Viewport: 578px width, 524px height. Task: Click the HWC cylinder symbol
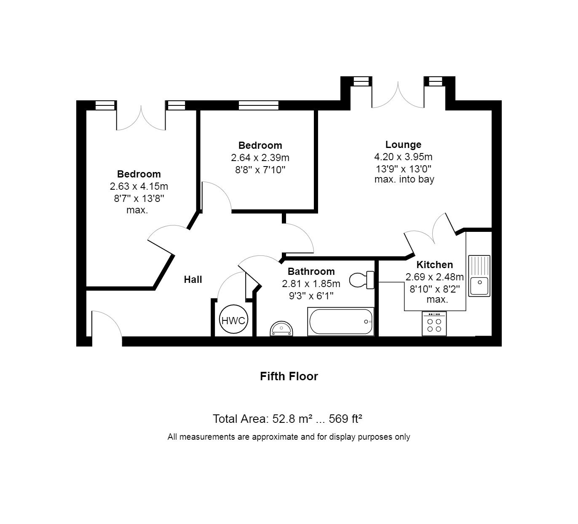click(233, 319)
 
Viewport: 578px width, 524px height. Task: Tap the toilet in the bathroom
click(361, 280)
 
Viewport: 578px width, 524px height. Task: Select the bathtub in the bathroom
click(340, 322)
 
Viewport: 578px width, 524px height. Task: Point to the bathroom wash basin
click(281, 329)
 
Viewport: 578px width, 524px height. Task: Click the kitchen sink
click(479, 276)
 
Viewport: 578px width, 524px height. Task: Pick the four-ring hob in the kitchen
click(434, 324)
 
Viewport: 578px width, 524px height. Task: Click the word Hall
click(193, 279)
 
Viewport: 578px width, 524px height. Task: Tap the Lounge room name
click(403, 145)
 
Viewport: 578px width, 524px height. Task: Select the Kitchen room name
click(434, 264)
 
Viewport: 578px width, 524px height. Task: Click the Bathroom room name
click(311, 271)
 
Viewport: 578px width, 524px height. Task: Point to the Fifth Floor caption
click(289, 376)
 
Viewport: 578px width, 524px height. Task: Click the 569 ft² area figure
click(345, 419)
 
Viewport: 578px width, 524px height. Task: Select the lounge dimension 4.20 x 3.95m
click(403, 157)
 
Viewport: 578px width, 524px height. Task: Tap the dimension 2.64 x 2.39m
click(260, 158)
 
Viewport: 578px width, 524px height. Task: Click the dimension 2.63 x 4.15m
click(139, 186)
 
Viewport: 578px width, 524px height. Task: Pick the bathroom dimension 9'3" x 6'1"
click(311, 296)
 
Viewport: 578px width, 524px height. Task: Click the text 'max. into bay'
click(404, 180)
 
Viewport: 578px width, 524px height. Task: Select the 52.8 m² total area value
click(292, 419)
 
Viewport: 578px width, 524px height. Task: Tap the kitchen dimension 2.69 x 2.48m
click(434, 277)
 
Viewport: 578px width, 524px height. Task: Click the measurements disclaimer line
click(289, 437)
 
